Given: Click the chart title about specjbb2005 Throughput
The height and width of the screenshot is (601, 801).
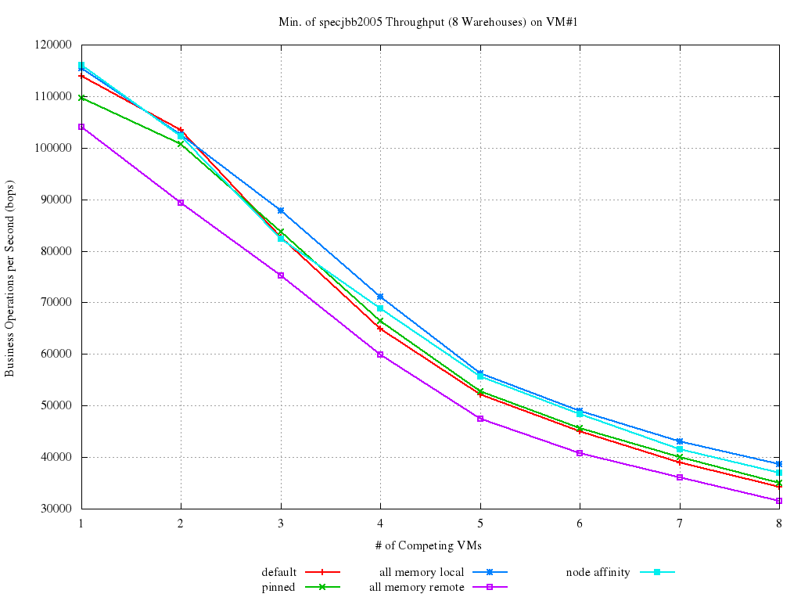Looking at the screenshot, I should tap(427, 22).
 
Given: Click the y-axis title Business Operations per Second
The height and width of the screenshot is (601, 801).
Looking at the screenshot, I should tap(10, 276).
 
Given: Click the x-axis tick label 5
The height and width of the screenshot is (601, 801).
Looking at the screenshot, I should tap(480, 523).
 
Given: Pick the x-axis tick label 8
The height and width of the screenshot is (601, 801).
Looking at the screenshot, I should tap(778, 523).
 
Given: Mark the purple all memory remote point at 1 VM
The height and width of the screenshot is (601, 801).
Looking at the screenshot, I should tap(81, 127).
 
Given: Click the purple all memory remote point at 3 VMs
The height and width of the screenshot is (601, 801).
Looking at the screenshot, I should tap(281, 275).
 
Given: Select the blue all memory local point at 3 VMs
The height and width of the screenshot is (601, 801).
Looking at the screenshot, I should tap(281, 211).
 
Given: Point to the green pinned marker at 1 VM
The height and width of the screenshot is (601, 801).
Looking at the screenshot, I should tap(81, 98).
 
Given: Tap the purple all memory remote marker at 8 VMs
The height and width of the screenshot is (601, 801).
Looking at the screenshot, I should tap(779, 501).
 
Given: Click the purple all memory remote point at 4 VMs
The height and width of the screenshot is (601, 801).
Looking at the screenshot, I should tap(380, 354).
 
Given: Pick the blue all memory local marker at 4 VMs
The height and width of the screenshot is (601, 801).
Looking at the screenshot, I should tap(380, 297).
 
